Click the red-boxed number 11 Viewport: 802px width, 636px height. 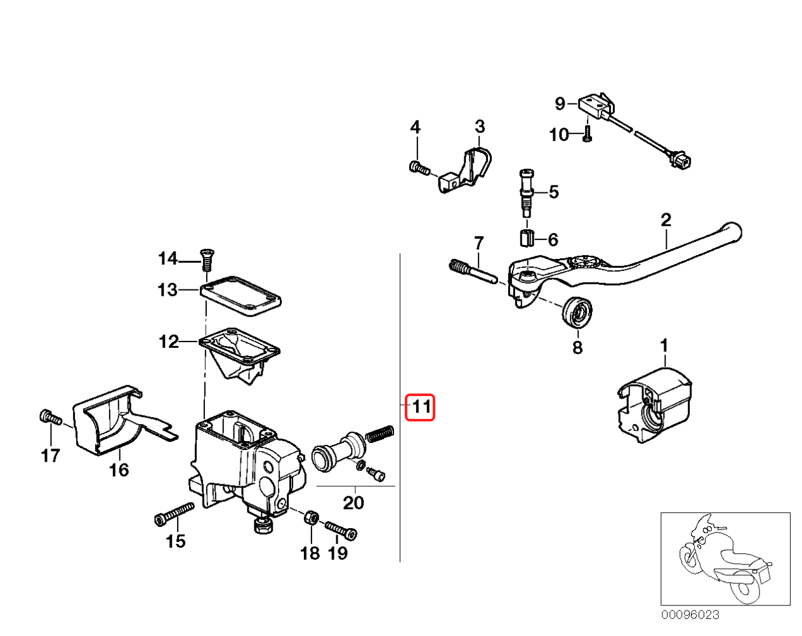(420, 407)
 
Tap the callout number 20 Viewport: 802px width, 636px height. (353, 503)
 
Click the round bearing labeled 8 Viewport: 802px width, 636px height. (577, 313)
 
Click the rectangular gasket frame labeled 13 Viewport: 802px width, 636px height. (241, 296)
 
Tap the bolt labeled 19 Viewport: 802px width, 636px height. (341, 529)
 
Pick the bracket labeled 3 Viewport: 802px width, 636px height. (466, 169)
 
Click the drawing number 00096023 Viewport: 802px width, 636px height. (690, 614)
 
